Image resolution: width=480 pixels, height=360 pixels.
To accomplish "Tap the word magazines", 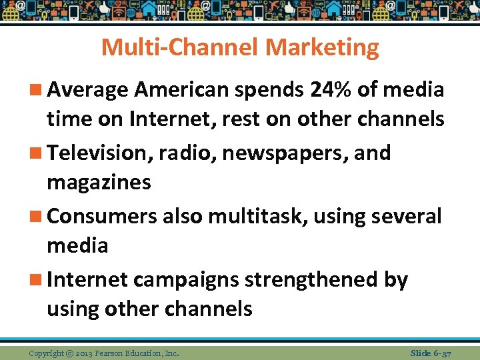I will click(99, 182).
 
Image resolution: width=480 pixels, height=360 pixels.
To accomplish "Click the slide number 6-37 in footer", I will click(441, 353).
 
